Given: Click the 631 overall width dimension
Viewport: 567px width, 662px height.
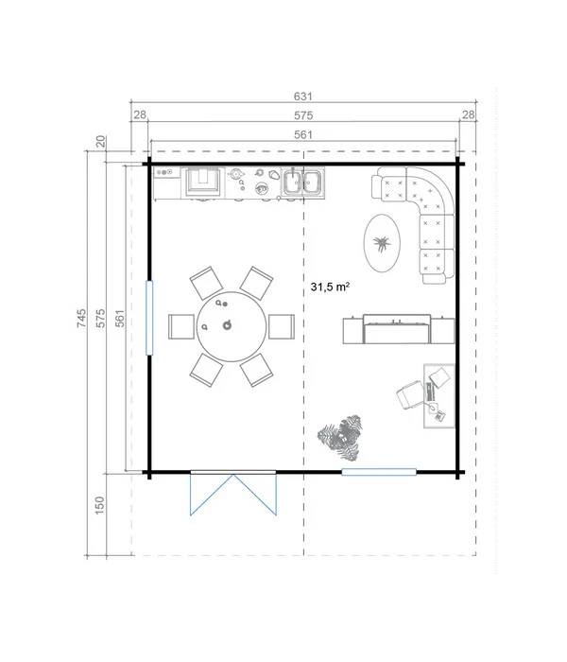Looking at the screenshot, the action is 303,96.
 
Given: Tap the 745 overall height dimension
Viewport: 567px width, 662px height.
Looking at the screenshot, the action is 81,318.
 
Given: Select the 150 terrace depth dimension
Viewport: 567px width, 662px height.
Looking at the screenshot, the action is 99,505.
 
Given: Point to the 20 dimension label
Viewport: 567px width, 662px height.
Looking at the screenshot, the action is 100,142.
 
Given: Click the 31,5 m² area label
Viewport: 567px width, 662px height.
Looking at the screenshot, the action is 330,287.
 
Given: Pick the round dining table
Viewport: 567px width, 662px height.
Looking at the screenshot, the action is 232,326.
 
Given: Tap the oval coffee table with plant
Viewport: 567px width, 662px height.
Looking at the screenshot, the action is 382,243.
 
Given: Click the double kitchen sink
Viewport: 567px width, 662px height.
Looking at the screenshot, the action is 303,183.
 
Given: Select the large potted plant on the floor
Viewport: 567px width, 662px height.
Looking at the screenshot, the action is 341,437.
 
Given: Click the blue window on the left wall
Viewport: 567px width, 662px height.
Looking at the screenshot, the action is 149,318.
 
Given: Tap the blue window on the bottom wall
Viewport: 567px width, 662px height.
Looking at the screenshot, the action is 379,472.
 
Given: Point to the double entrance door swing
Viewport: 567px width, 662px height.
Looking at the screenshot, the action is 233,494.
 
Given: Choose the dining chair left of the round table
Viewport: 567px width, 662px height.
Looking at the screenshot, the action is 181,326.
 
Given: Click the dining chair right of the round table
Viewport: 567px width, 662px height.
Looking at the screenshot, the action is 282,326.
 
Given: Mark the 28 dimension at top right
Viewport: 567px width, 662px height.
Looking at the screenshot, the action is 468,114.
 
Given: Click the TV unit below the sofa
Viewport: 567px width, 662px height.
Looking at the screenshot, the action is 399,329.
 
